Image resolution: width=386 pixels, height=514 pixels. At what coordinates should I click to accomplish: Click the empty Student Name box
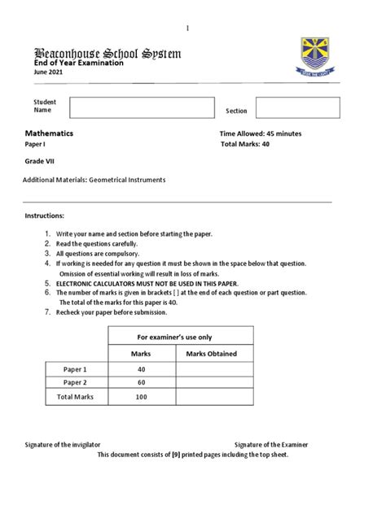(x=140, y=107)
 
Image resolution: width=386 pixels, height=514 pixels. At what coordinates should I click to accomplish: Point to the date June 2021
(x=47, y=72)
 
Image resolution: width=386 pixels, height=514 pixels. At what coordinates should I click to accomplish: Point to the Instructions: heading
(x=43, y=217)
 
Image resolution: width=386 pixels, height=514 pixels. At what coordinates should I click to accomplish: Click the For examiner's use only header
(x=174, y=336)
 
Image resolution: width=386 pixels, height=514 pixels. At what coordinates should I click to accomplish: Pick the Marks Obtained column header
(x=211, y=354)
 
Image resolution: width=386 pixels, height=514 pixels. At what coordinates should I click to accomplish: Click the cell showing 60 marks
(x=141, y=382)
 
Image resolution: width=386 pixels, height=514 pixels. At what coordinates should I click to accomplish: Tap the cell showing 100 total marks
(x=141, y=397)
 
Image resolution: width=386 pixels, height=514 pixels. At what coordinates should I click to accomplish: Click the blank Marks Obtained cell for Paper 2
(x=211, y=382)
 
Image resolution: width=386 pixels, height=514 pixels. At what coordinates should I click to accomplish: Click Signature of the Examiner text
(x=271, y=445)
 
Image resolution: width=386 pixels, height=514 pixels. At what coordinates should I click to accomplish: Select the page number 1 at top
(x=187, y=28)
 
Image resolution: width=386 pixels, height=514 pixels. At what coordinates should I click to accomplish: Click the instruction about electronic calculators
(x=147, y=282)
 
